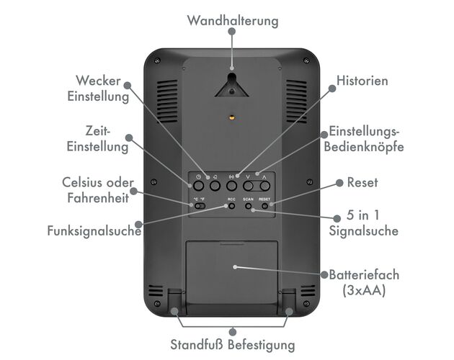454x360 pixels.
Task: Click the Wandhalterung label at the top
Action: tap(233, 21)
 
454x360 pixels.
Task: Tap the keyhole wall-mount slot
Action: tap(231, 85)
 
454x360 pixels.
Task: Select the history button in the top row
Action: tap(231, 186)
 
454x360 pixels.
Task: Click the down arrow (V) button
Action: tap(248, 186)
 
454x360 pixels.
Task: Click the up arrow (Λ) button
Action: tap(264, 186)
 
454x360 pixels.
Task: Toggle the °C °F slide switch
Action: tap(200, 206)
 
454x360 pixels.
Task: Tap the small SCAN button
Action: tap(248, 206)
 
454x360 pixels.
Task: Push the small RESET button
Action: tap(264, 206)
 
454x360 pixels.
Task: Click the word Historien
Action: tap(362, 81)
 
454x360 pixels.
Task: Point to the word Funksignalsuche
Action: tap(94, 231)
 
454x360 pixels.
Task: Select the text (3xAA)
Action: tap(364, 290)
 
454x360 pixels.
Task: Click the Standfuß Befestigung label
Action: tap(233, 345)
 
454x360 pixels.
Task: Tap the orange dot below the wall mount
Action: tap(231, 118)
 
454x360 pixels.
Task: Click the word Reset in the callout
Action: tap(362, 183)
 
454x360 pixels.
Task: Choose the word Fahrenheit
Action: tap(98, 198)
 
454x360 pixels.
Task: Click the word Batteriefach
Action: tap(364, 274)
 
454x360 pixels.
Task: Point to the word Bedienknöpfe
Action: tap(364, 146)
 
